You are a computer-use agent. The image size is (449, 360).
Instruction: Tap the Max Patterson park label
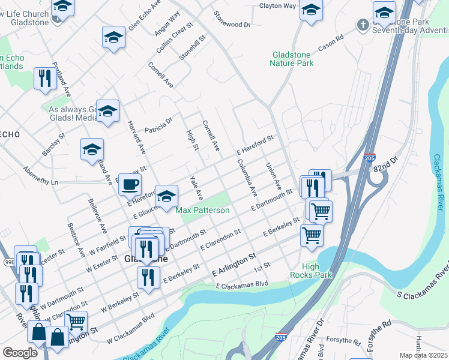pyautogui.click(x=202, y=211)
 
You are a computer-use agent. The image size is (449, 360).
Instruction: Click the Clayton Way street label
pyautogui.click(x=278, y=6)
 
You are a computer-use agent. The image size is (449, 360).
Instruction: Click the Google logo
pyautogui.click(x=20, y=353)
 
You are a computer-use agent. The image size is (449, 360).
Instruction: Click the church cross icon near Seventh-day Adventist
pyautogui.click(x=362, y=25)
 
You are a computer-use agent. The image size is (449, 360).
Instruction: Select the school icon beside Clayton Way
pyautogui.click(x=310, y=10)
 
